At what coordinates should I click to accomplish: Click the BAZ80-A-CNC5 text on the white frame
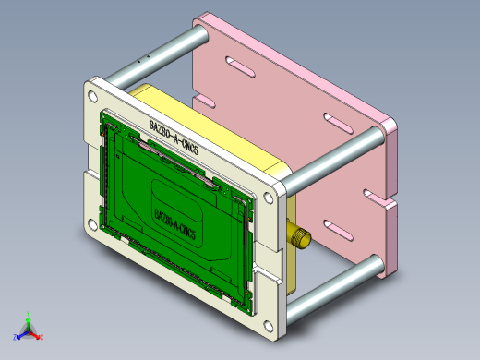(x=174, y=137)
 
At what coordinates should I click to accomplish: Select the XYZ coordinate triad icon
(x=29, y=329)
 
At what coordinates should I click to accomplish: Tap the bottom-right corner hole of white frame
(x=269, y=323)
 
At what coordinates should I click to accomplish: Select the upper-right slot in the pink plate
(x=330, y=119)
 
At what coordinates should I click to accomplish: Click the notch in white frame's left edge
(x=88, y=160)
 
